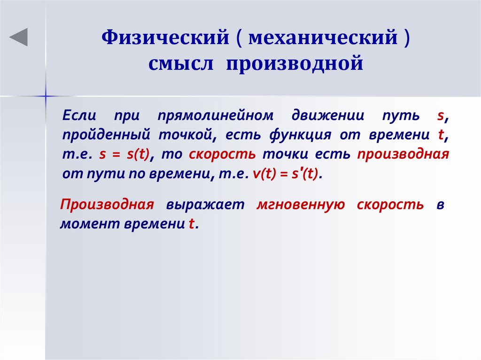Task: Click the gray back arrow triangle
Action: point(19,37)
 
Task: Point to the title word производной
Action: point(295,63)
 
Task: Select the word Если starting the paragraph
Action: point(79,115)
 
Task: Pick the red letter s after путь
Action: point(440,116)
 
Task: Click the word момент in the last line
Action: point(90,224)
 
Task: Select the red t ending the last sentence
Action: point(191,225)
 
